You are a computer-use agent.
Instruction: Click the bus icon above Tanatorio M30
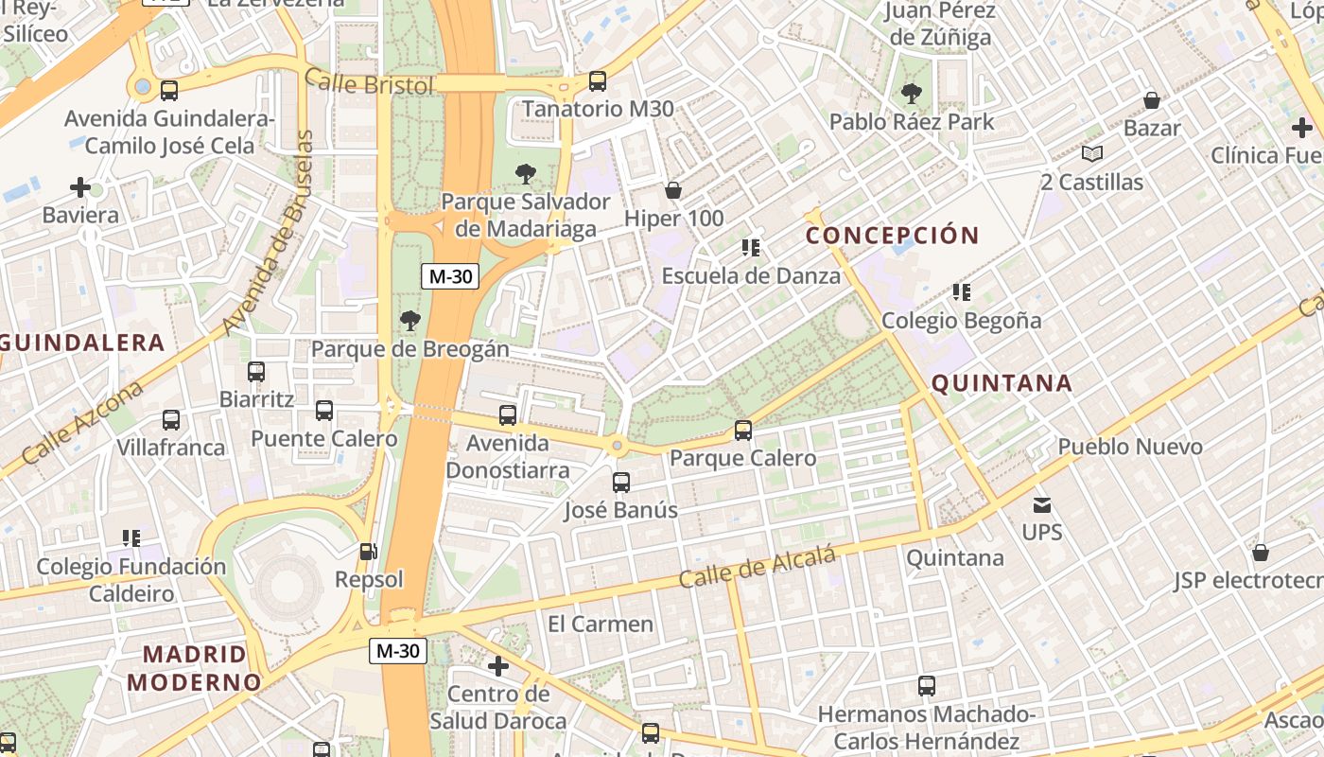(x=598, y=81)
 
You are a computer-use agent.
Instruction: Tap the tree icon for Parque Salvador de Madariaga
(x=525, y=174)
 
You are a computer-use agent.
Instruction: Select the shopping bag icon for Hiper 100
(x=673, y=191)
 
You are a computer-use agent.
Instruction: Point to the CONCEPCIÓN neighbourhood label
(x=892, y=236)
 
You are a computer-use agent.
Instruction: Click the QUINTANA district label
(x=1002, y=383)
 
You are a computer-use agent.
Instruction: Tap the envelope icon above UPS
(x=1042, y=505)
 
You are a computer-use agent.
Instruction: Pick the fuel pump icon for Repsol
(x=368, y=552)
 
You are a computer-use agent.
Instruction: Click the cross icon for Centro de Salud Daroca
(x=498, y=666)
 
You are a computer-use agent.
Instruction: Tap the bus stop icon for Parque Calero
(x=743, y=431)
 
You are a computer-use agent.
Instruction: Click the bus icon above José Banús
(x=621, y=483)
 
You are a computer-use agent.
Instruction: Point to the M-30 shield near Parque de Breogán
(x=450, y=276)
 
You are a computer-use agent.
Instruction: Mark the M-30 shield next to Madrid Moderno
(x=397, y=651)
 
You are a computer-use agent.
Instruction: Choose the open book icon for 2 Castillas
(x=1092, y=153)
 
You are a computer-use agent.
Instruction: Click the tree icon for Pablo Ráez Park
(x=912, y=94)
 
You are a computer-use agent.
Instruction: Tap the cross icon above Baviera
(x=80, y=187)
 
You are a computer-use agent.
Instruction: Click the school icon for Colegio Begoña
(x=962, y=292)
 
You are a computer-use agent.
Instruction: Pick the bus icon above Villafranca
(x=171, y=420)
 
